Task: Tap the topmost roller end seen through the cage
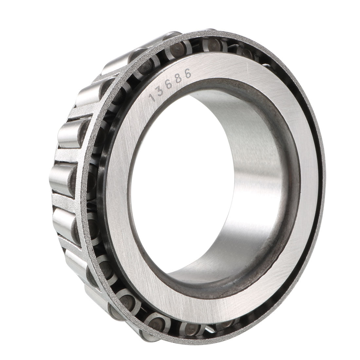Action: pos(210,44)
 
